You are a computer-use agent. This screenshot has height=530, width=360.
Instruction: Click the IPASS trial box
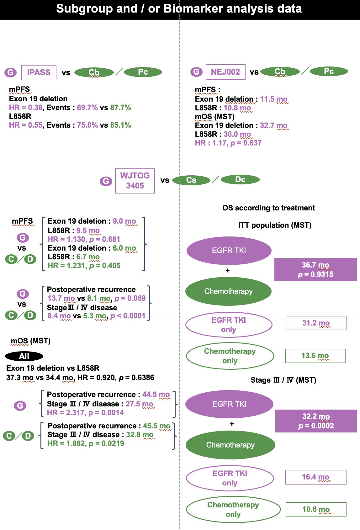tap(39, 72)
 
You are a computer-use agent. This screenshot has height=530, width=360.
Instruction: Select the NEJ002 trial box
tap(225, 72)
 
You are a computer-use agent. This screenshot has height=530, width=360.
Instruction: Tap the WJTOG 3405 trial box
tap(135, 181)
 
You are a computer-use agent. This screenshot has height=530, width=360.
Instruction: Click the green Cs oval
tap(191, 180)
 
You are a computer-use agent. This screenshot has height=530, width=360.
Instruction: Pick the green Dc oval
tap(240, 180)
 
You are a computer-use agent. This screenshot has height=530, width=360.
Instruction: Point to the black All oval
tap(24, 356)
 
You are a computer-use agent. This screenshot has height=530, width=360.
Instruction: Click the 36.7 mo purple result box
tap(315, 269)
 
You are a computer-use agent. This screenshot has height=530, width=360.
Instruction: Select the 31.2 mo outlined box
tap(316, 323)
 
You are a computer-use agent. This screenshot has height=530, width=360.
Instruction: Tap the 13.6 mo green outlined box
tap(315, 356)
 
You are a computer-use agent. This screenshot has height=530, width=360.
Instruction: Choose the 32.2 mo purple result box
tap(316, 421)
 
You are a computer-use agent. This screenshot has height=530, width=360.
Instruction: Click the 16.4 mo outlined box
tap(316, 477)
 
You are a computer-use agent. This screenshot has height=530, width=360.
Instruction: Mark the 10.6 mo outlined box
tap(316, 509)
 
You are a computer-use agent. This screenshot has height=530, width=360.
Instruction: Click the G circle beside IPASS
tap(10, 72)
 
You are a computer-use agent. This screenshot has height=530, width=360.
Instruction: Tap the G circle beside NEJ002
tap(196, 72)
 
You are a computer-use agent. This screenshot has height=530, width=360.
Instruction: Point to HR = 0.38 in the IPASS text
tap(26, 108)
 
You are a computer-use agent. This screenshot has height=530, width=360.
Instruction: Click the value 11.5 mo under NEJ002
tap(274, 99)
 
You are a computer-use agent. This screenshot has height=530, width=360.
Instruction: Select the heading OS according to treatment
tap(268, 208)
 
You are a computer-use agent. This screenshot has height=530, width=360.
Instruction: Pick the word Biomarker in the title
tap(193, 9)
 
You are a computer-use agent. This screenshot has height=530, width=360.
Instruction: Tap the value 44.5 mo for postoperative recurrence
tap(156, 395)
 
